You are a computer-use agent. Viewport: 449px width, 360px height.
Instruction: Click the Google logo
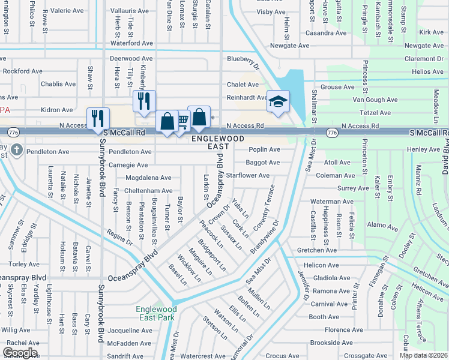pyautogui.click(x=20, y=353)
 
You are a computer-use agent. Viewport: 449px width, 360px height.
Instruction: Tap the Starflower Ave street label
pyautogui.click(x=247, y=175)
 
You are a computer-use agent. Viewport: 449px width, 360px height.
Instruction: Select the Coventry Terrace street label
pyautogui.click(x=264, y=214)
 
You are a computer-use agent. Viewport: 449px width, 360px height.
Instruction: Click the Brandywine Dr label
pyautogui.click(x=265, y=236)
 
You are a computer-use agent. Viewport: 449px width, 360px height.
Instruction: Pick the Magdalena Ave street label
pyautogui.click(x=148, y=178)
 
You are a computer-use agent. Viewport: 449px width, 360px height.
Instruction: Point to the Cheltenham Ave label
pyautogui.click(x=148, y=191)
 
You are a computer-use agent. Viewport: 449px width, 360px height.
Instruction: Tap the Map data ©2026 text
pyautogui.click(x=424, y=355)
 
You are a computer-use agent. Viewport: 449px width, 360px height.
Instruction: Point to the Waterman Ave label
pyautogui.click(x=328, y=202)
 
